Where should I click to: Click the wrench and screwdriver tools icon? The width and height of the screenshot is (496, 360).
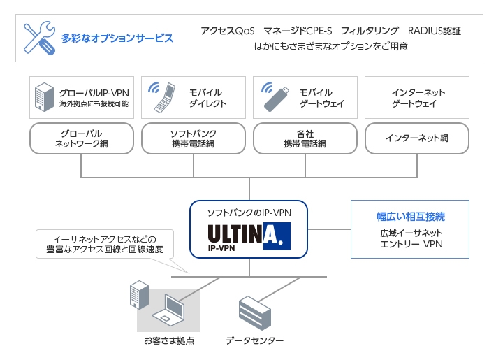click(x=39, y=38)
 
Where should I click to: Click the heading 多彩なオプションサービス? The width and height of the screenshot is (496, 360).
click(x=117, y=38)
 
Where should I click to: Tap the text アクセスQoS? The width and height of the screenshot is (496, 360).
click(x=227, y=31)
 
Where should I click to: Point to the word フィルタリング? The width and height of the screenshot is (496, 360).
click(x=370, y=31)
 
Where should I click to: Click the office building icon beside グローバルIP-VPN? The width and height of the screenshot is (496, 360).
click(x=43, y=96)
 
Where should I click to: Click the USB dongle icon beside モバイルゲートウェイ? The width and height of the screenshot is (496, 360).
click(x=274, y=97)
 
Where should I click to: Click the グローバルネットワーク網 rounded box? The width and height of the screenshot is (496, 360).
click(x=82, y=138)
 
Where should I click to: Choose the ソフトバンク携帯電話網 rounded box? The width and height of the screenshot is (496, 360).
click(x=193, y=138)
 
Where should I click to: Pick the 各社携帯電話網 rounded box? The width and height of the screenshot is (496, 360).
click(x=305, y=138)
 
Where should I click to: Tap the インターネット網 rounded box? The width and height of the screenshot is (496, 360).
click(x=416, y=138)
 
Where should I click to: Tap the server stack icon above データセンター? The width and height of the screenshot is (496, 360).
click(x=254, y=312)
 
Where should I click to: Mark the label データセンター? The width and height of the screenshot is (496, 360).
click(x=254, y=340)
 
